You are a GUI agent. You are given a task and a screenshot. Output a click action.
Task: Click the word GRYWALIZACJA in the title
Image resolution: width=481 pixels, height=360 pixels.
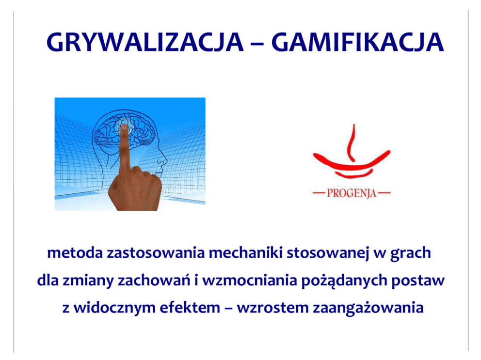point(145,42)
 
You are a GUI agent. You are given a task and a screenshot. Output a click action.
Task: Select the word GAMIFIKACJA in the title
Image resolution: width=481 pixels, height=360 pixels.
point(357,42)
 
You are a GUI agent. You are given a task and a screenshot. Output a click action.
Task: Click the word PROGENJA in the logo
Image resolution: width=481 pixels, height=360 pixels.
point(352,193)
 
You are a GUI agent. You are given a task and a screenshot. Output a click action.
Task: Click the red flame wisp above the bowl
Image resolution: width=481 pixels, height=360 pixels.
point(352,142)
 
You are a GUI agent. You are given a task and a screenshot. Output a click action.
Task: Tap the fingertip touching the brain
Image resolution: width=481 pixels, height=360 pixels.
point(124,128)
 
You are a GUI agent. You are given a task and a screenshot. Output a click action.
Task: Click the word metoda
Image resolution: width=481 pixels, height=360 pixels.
point(75,253)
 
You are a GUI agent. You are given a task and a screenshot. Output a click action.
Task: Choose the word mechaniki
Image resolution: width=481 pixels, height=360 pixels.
point(245,253)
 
